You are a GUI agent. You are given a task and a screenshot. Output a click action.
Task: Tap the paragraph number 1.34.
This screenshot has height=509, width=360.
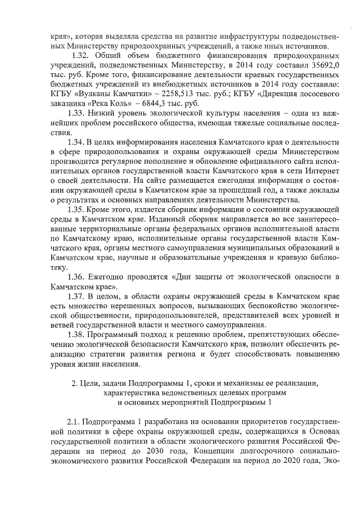76,142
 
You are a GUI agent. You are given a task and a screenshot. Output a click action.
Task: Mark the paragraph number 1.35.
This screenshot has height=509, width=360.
76,209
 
